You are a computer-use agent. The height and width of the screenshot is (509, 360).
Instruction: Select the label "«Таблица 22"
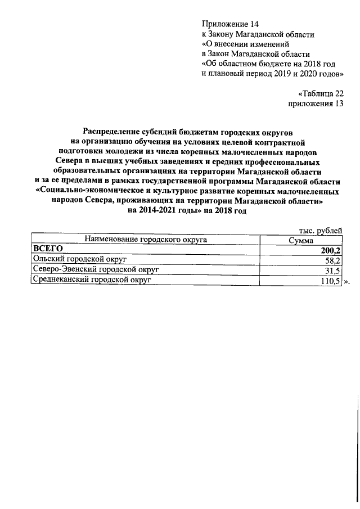coord(319,94)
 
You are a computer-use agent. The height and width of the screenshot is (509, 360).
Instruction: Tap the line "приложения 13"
coord(315,104)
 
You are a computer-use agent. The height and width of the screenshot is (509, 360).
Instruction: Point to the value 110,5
coord(330,281)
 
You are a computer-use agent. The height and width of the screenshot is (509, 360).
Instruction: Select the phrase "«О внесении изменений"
coord(245,44)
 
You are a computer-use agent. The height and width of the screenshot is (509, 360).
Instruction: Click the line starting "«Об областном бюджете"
coord(269,64)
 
